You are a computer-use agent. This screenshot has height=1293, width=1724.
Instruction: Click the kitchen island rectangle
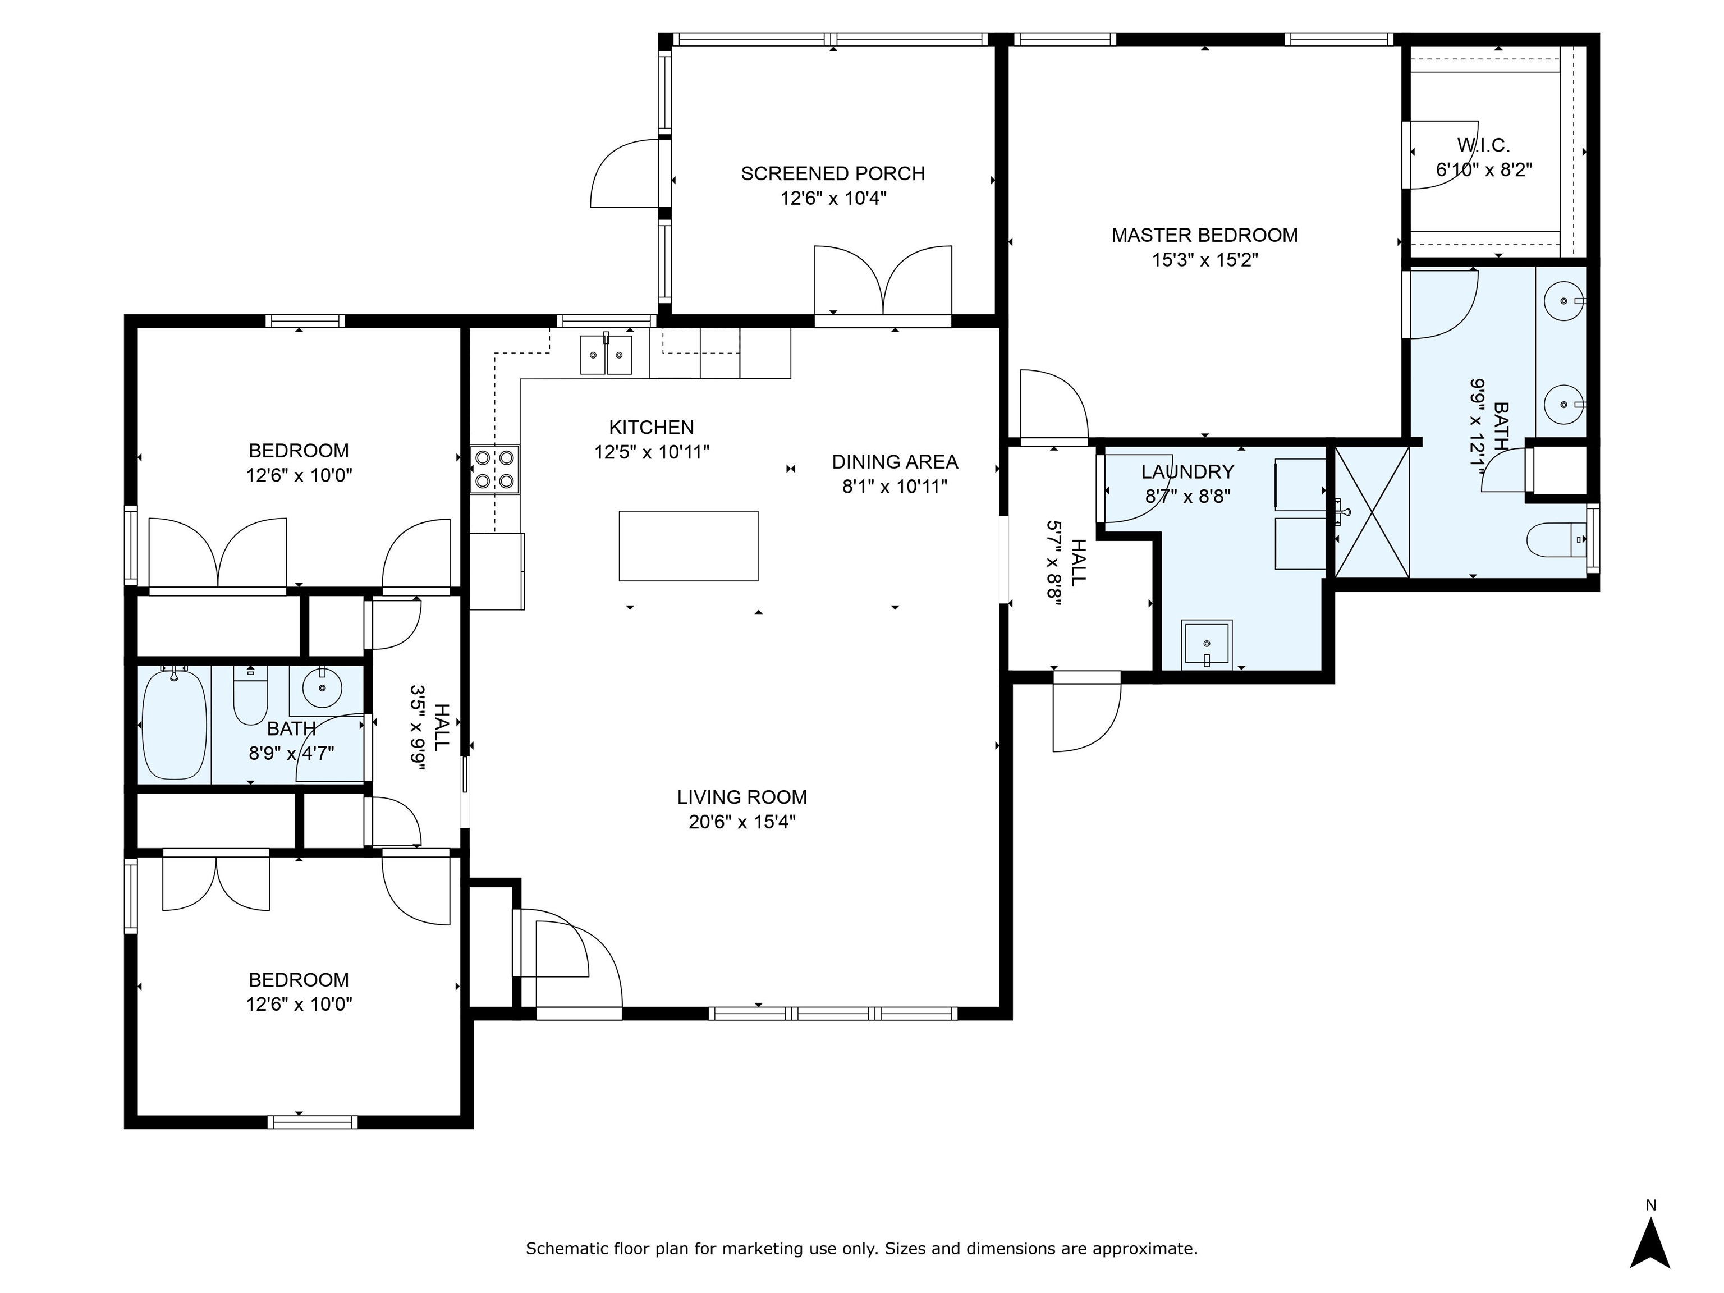click(x=688, y=545)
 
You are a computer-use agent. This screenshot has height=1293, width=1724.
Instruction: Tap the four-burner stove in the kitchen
click(x=495, y=469)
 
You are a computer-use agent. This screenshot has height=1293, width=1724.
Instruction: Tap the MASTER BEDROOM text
click(x=1204, y=235)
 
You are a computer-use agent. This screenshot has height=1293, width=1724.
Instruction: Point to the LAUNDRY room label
click(x=1187, y=471)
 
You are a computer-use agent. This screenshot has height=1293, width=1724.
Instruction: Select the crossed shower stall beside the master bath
click(x=1372, y=512)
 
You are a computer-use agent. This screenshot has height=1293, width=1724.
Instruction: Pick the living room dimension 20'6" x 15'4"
click(x=741, y=822)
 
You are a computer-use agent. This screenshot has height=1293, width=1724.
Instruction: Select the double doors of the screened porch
click(x=882, y=282)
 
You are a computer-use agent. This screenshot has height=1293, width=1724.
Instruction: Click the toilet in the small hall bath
click(x=250, y=695)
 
